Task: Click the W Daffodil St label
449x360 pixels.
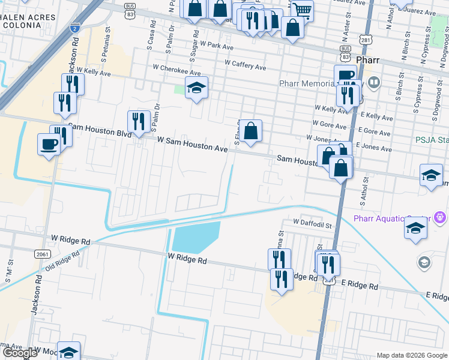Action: point(313,222)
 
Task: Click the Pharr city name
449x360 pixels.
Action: point(367,61)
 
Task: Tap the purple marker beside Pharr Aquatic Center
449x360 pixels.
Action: point(440,217)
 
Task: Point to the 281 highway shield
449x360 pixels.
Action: point(366,40)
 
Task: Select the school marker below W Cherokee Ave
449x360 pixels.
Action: point(196,88)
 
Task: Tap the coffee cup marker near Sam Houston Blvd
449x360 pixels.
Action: point(49,144)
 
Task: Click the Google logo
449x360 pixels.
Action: point(20,353)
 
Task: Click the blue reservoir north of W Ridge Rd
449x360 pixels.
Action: point(195,238)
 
